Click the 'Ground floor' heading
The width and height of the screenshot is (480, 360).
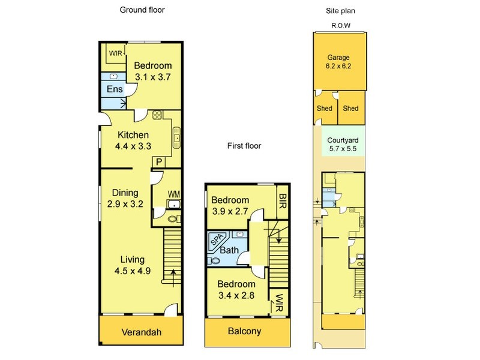142,10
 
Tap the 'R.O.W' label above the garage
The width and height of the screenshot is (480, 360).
341,26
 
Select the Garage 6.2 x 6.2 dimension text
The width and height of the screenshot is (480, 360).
338,66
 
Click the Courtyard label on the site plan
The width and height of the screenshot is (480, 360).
343,140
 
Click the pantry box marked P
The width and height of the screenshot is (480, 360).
159,162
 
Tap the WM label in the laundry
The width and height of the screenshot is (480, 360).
173,194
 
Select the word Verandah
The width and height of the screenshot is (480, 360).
142,332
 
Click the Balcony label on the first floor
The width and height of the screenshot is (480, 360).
244,331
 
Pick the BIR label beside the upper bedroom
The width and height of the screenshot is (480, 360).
283,201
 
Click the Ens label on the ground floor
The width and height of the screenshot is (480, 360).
115,89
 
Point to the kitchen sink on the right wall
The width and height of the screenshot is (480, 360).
177,138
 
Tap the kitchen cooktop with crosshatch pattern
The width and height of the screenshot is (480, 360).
157,115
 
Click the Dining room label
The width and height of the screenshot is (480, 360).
125,193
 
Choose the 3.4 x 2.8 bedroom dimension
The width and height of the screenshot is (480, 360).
236,295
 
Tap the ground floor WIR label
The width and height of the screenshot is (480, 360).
115,53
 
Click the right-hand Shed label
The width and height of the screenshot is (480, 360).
350,109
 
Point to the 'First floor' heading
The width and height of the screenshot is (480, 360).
244,146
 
